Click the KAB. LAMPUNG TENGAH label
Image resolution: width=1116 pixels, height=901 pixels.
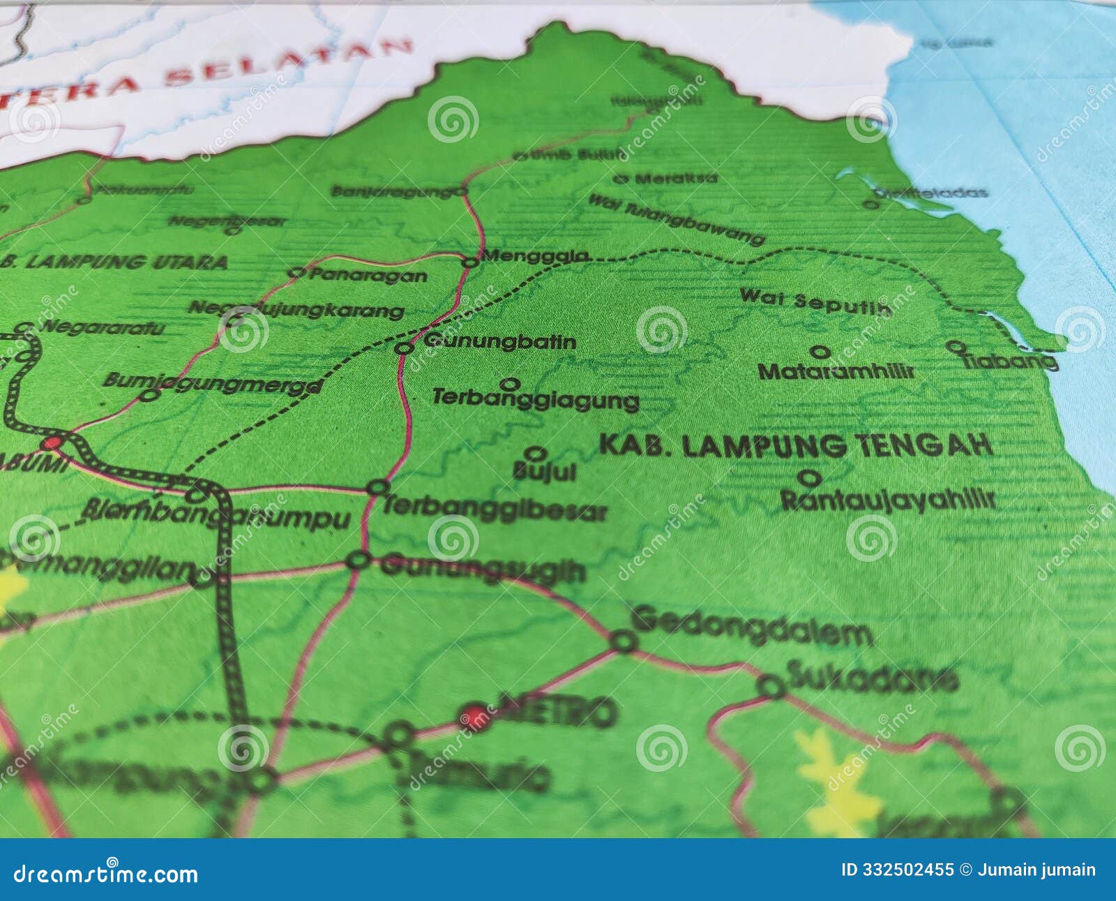point(795,445)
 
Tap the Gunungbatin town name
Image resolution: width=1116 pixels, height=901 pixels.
point(499,341)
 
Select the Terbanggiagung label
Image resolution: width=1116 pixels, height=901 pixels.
point(535,399)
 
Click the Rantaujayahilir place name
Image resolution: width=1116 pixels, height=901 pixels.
point(887,500)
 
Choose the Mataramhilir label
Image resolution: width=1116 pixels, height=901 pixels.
point(836,371)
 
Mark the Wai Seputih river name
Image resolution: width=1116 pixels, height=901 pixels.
point(815,301)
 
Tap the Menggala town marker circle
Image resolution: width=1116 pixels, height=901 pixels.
point(471,262)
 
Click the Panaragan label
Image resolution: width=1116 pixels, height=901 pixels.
point(368,275)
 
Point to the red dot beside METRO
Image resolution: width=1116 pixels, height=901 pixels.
point(474,715)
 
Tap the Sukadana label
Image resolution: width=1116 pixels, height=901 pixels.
point(872,676)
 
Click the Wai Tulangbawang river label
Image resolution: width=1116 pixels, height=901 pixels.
point(676,219)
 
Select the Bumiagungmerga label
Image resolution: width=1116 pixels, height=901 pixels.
point(213,382)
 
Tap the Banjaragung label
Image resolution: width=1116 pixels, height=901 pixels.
point(393,191)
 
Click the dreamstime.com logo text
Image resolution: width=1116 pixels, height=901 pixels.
point(106,874)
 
